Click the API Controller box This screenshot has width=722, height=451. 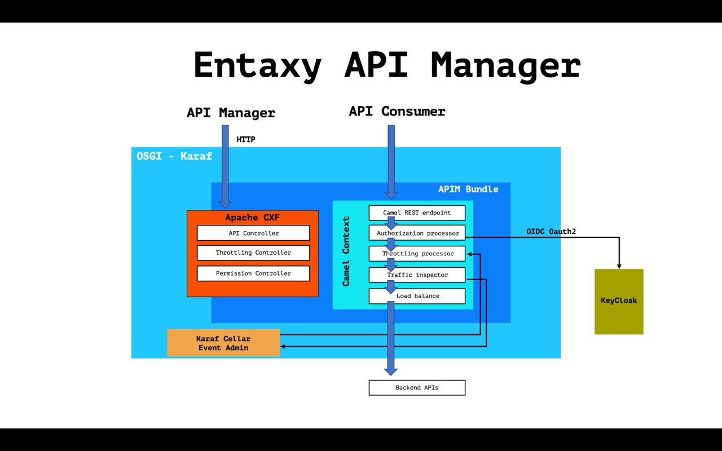coord(253,233)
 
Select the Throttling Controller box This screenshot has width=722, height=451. coord(253,253)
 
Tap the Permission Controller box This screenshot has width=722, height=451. coord(253,273)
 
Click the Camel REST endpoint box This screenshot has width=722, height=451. coord(417,213)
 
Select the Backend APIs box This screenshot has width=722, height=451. coord(417,388)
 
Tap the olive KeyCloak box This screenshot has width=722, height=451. coord(619,301)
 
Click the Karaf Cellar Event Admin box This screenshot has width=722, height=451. coord(223,343)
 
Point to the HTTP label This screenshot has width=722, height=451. coord(246,139)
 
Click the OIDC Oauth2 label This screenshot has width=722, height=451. coord(551,232)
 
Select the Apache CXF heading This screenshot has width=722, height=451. coord(252,218)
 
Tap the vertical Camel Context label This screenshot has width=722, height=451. coord(346,250)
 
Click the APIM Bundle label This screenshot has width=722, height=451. coord(468,189)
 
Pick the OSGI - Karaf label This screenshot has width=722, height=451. coord(174,156)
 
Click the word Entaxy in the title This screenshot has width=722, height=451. coord(257,65)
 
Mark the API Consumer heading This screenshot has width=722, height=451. coord(397,112)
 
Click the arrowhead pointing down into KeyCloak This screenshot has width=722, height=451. coord(619,266)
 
